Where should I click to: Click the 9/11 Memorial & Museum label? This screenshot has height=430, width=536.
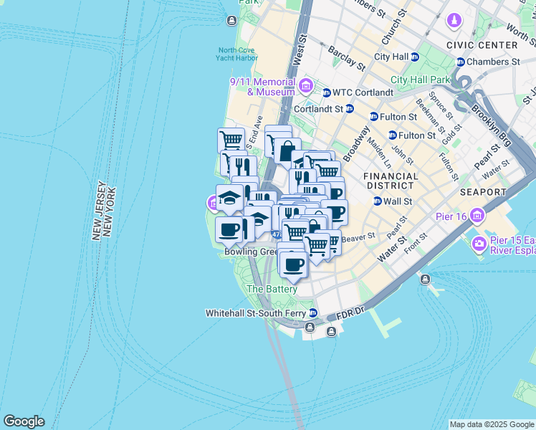[x=262, y=87]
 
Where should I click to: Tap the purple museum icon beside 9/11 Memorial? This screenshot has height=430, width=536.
[x=306, y=87]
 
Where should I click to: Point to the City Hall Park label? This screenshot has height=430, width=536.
[x=420, y=80]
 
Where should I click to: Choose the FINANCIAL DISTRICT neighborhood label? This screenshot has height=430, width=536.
[x=391, y=181]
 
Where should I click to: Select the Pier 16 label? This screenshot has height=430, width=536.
[x=451, y=216]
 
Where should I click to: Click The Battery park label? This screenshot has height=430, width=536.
[x=272, y=289]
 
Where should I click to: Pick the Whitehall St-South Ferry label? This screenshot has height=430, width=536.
[x=256, y=313]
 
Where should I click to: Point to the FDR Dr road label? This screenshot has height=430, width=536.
[x=351, y=314]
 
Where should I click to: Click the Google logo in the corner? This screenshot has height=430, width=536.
[x=24, y=421]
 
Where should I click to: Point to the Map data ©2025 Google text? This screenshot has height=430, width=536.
[x=491, y=424]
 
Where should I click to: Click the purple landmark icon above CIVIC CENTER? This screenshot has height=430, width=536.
[x=454, y=21]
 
